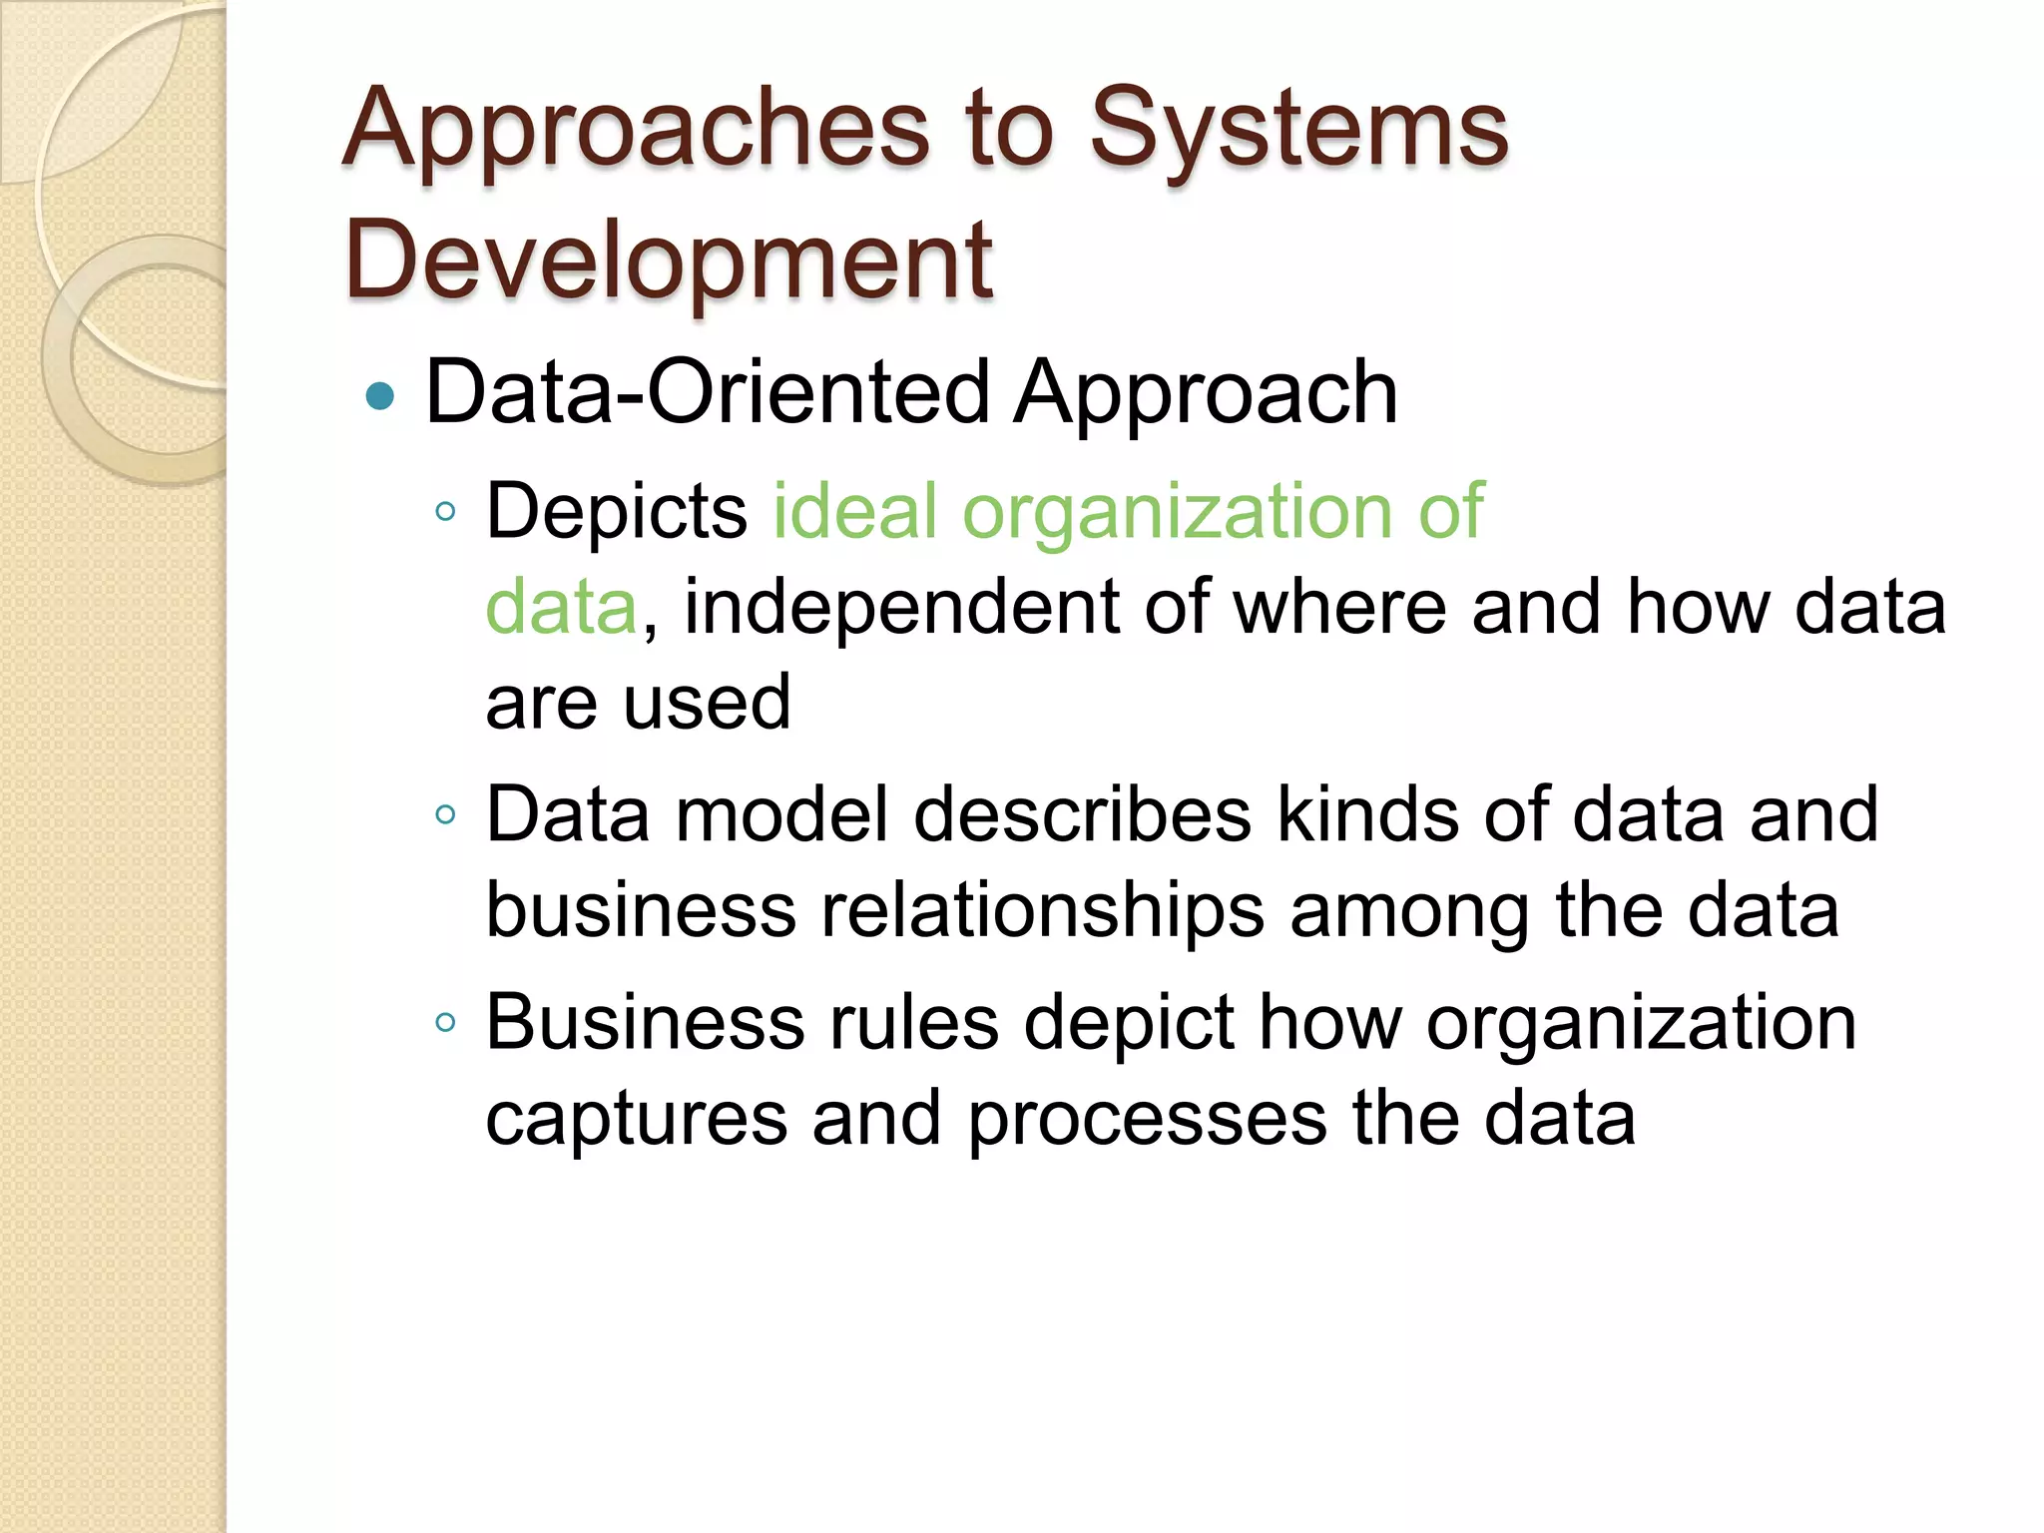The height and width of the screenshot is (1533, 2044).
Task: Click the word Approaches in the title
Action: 636,130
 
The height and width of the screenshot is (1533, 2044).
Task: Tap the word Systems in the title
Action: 1298,130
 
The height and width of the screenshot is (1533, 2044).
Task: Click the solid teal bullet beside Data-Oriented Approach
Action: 380,397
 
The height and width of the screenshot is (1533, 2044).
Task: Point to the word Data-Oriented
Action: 708,392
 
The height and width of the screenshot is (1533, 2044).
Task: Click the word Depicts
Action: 616,511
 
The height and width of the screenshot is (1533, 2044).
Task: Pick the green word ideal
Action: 855,511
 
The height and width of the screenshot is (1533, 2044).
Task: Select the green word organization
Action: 1177,511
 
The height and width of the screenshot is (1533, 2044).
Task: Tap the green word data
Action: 561,607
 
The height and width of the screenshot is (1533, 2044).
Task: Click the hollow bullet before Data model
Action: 446,815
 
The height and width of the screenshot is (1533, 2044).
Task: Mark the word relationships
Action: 1042,910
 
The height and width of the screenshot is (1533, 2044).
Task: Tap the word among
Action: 1409,910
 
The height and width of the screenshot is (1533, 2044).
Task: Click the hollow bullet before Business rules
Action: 446,1023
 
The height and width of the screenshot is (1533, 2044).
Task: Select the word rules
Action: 914,1022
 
